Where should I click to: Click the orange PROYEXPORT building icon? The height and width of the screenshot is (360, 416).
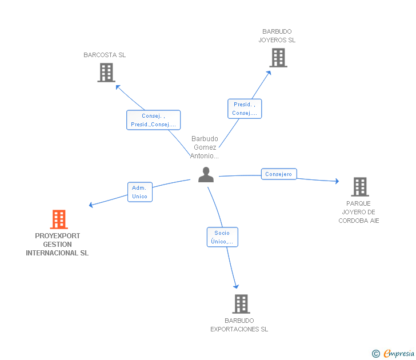tap(59, 219)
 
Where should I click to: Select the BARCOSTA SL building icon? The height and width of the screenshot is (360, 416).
tap(106, 73)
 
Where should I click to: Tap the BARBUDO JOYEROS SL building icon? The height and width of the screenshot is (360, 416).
tap(278, 58)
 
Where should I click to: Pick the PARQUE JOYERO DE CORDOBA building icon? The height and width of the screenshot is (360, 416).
tap(360, 187)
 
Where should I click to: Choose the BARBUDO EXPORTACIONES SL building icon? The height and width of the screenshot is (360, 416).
tap(241, 304)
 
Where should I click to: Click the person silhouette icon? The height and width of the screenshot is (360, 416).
tap(206, 174)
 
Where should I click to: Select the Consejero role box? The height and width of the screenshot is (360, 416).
tap(279, 174)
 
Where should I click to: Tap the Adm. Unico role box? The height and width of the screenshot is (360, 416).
tap(140, 192)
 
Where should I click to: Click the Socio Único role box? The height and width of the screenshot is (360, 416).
tap(222, 237)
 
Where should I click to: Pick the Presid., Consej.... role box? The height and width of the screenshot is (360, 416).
tap(245, 109)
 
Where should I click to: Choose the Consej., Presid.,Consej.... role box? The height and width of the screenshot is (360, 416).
tap(153, 120)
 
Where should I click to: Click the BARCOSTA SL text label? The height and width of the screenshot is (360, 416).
tap(105, 55)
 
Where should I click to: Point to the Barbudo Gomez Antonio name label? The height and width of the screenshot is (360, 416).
tap(205, 147)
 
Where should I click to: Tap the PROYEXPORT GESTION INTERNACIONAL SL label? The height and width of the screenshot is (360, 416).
tap(57, 245)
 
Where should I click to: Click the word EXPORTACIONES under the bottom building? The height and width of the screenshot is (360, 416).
tap(235, 329)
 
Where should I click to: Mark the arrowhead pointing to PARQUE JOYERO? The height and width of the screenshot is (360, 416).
tap(337, 181)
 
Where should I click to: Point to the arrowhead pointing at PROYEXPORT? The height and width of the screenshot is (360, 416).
tap(91, 205)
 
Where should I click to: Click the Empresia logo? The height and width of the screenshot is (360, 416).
tap(393, 353)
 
